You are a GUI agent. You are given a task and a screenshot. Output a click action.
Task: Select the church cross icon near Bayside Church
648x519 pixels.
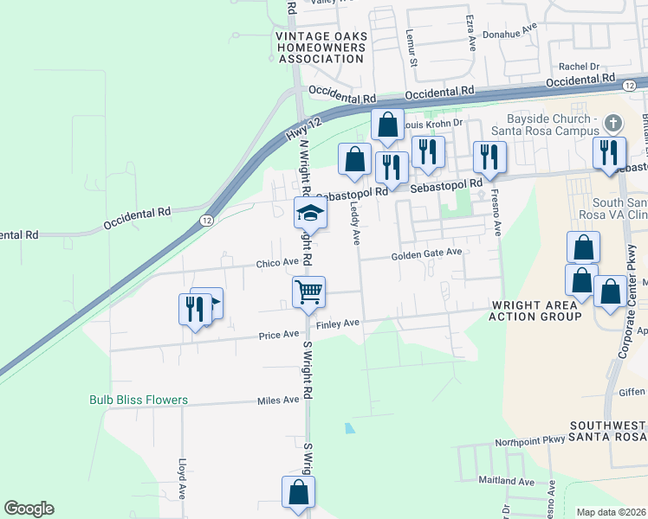[x=613, y=123]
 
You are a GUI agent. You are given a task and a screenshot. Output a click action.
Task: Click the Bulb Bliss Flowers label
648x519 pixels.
[x=139, y=400]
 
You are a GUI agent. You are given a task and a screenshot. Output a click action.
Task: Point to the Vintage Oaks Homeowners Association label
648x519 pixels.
[x=321, y=47]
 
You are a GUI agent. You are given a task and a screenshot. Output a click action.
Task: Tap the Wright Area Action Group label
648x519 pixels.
[x=535, y=311]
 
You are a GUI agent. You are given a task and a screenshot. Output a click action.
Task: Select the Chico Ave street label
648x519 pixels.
[x=277, y=262]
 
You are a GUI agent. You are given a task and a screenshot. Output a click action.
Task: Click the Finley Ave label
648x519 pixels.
[x=337, y=324]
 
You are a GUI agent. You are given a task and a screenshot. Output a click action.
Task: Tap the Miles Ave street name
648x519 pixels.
[x=278, y=400]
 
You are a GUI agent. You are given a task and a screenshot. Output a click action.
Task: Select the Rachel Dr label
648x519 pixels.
[x=579, y=66]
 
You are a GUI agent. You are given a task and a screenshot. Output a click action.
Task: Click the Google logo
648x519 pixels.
[x=29, y=509]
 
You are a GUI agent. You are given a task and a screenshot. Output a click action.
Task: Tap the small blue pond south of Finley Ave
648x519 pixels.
[x=348, y=427]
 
